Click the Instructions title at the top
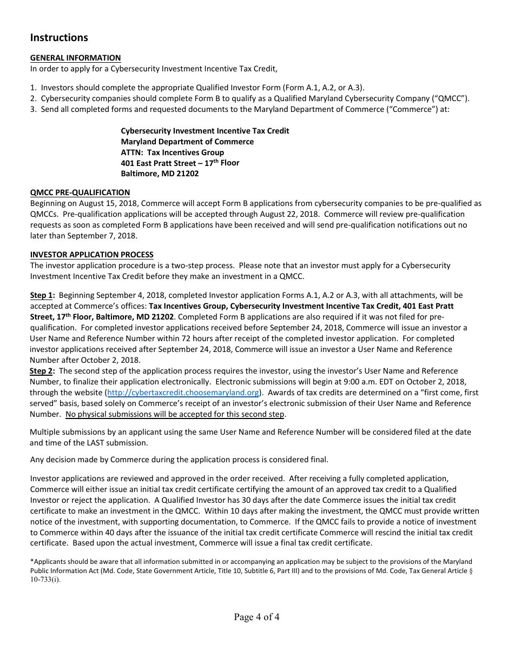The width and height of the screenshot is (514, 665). pos(59,38)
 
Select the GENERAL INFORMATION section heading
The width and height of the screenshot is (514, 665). pos(75,58)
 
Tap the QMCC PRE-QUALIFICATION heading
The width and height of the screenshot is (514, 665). pos(80,192)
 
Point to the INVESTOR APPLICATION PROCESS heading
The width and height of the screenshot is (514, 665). pos(91,255)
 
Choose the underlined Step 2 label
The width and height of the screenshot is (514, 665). pos(42,371)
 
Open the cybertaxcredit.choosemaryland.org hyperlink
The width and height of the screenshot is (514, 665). pos(183,393)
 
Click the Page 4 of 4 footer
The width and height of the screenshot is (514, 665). pos(256,617)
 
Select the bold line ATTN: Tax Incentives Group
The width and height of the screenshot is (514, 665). pos(172,152)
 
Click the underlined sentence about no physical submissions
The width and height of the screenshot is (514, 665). pos(175,414)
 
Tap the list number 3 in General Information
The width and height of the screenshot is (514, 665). pos(33,109)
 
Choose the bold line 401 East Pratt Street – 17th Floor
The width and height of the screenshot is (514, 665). pos(180,163)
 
